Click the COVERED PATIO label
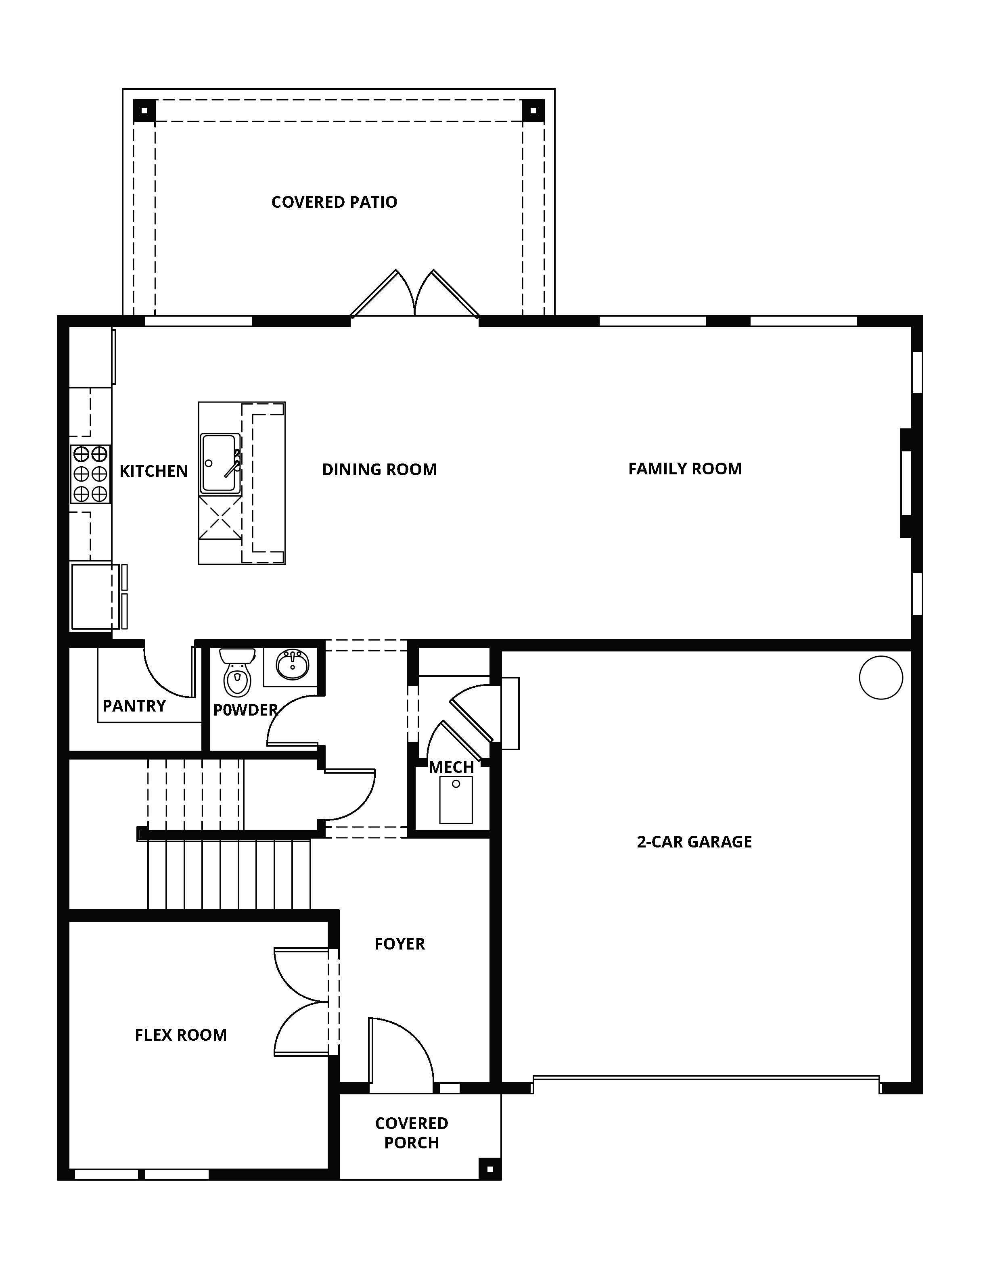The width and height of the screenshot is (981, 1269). pyautogui.click(x=334, y=202)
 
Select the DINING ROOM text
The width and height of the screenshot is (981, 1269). pyautogui.click(x=379, y=470)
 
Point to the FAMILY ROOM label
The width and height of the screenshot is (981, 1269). pyautogui.click(x=685, y=469)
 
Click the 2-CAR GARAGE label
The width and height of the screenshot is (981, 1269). pyautogui.click(x=694, y=842)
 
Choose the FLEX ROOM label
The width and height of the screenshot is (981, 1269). pyautogui.click(x=181, y=1035)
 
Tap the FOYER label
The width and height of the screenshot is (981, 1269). pyautogui.click(x=400, y=943)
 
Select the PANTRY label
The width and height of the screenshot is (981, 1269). pyautogui.click(x=134, y=706)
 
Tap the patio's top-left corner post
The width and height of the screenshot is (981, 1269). pyautogui.click(x=145, y=111)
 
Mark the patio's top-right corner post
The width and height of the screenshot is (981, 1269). pyautogui.click(x=533, y=111)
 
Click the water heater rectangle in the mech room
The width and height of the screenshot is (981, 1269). pyautogui.click(x=456, y=800)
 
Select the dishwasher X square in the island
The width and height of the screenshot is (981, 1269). pyautogui.click(x=220, y=518)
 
